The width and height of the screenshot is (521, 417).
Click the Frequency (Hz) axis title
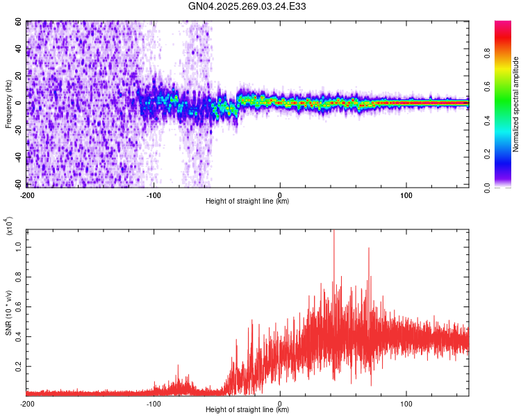click(8, 104)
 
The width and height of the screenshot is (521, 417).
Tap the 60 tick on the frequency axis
click(19, 22)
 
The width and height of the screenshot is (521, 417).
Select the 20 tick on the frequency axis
click(19, 76)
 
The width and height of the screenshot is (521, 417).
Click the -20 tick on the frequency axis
click(17, 129)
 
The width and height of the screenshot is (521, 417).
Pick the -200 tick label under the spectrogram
click(28, 193)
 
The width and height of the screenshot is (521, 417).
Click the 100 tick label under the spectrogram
click(406, 193)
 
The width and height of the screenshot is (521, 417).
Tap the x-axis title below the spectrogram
click(247, 202)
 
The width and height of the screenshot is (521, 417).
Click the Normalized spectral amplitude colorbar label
click(515, 104)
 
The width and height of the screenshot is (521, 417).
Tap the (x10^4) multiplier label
click(9, 226)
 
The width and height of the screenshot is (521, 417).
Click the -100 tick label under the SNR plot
click(154, 403)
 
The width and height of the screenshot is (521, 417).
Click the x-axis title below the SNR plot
click(247, 411)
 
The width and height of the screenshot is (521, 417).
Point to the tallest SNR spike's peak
click(334, 231)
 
